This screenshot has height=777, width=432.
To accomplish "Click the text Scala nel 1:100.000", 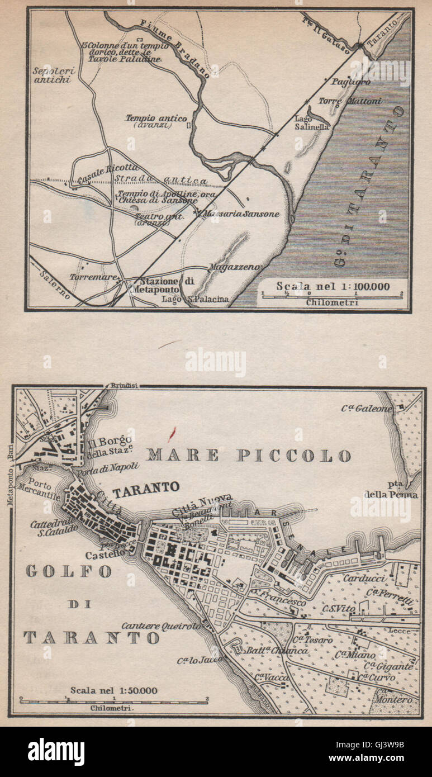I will click(x=333, y=286).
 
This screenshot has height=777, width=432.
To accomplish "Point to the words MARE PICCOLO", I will click(x=249, y=456).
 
